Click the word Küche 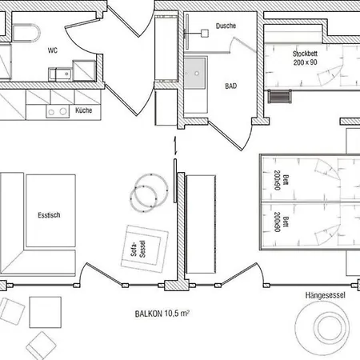(84, 110)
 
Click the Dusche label (226, 26)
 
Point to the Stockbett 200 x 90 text (304, 57)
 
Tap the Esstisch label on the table (50, 214)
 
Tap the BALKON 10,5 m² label (162, 314)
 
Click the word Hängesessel (324, 295)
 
